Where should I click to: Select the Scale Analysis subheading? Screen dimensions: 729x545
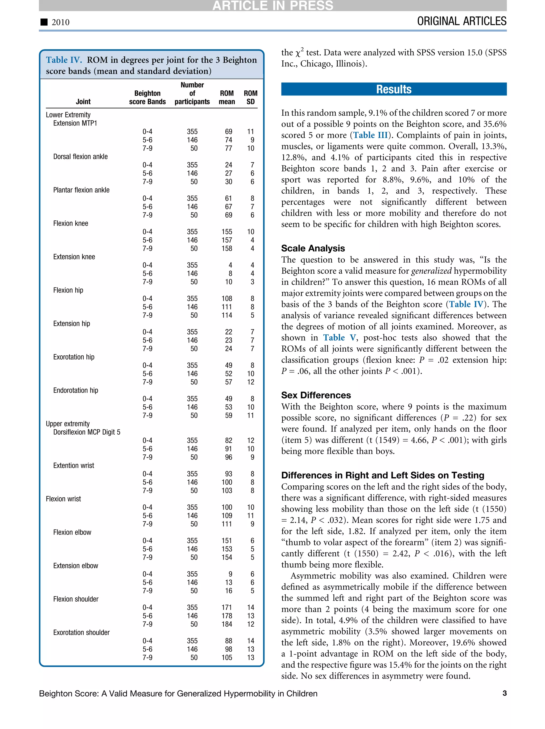tap(313, 248)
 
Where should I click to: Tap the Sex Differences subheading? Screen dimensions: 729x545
tap(316, 395)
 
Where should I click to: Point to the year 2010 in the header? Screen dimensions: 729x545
tap(61, 22)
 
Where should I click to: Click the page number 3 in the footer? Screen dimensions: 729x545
tap(504, 693)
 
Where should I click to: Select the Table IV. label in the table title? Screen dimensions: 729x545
tap(64, 60)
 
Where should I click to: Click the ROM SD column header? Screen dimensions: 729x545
tap(250, 98)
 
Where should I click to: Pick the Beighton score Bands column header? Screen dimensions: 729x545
tap(147, 98)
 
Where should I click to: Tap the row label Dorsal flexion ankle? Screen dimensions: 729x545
tap(80, 157)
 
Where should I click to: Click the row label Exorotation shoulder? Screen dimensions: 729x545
tap(81, 632)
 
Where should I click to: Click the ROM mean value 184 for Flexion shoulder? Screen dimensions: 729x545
tap(226, 624)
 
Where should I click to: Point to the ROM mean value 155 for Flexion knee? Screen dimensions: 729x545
tap(226, 232)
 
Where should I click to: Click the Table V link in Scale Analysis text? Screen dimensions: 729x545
tap(339, 338)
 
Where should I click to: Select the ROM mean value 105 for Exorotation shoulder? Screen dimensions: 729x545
tap(226, 657)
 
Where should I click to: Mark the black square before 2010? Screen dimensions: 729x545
tap(44, 22)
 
